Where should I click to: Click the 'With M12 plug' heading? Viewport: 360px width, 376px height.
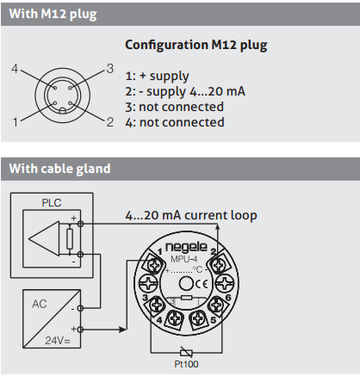tap(53, 14)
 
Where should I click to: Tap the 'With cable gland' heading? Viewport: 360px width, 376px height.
tap(59, 169)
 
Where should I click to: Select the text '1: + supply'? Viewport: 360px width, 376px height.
tap(157, 77)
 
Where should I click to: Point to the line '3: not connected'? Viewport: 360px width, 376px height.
tap(174, 107)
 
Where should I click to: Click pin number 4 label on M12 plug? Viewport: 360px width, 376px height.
tap(15, 69)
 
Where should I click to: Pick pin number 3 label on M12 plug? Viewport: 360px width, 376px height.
tap(110, 69)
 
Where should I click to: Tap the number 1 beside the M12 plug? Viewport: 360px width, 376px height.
tap(16, 122)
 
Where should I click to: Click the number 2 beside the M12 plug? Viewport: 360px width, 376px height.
tap(110, 122)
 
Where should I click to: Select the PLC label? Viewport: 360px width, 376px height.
tap(52, 203)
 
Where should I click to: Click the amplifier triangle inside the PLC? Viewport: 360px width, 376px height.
tap(45, 238)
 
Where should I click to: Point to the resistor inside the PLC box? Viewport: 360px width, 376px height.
tap(70, 239)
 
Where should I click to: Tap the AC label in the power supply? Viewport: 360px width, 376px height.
tap(40, 304)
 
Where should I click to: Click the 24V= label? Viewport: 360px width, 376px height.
tap(58, 341)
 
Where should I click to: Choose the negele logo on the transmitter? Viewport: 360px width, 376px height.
tap(186, 247)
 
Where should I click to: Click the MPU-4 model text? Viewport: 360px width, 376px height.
tap(184, 259)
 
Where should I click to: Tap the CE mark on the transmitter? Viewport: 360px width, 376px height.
tap(202, 284)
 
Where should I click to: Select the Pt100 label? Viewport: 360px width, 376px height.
tap(186, 364)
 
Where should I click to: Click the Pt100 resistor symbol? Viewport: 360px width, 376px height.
tap(186, 353)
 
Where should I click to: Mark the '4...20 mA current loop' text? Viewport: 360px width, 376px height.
tap(191, 215)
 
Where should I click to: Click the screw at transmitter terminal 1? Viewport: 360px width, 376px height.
tap(153, 265)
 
